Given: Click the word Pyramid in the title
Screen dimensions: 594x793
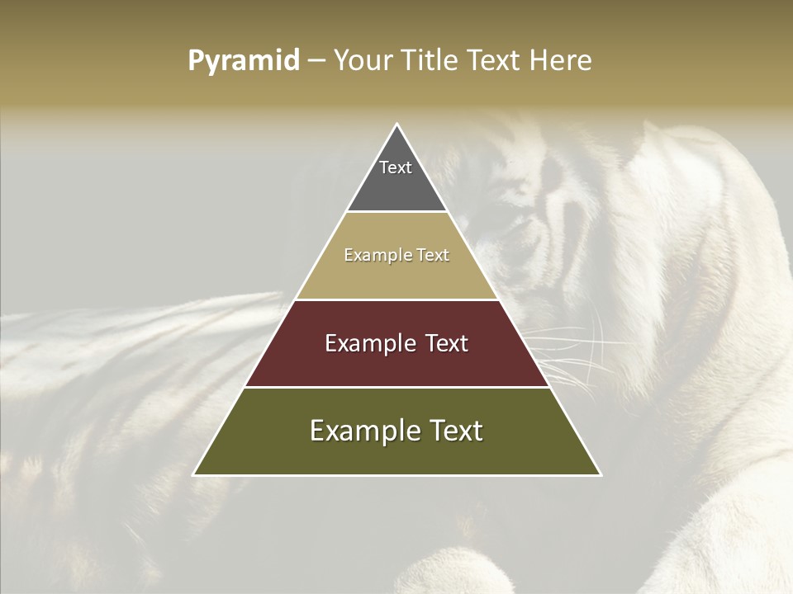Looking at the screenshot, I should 244,61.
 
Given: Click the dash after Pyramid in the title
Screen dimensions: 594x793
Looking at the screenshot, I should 316,61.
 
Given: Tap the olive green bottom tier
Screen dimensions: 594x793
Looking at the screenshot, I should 396,454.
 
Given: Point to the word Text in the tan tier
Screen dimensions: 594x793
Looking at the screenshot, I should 433,255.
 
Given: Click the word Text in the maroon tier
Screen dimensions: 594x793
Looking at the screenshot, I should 446,343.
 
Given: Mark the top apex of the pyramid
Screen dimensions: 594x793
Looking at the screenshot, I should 396,125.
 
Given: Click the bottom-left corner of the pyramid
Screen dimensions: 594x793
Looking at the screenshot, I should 194,474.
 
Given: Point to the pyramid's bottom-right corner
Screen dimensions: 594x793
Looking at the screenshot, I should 600,474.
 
